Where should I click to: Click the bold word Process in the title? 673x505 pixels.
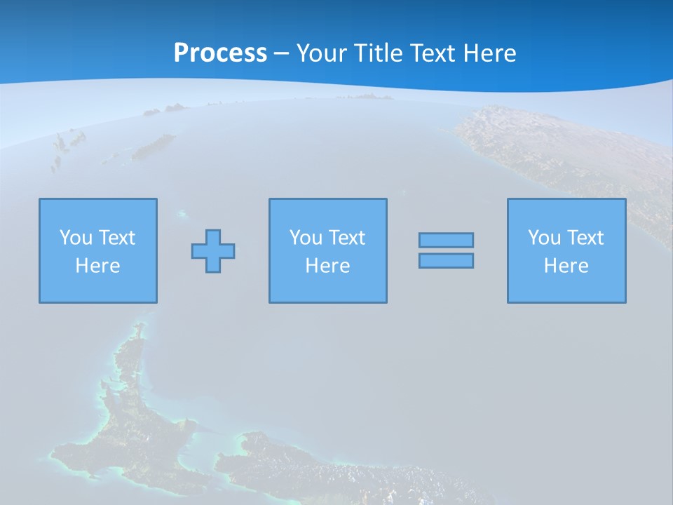pyautogui.click(x=220, y=53)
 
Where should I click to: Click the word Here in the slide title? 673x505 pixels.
pyautogui.click(x=490, y=53)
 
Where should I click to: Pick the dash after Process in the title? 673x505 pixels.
pyautogui.click(x=281, y=54)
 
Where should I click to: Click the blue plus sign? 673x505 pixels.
pyautogui.click(x=213, y=251)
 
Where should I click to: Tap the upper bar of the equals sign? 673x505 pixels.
pyautogui.click(x=446, y=241)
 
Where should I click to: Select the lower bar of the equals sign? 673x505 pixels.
pyautogui.click(x=446, y=261)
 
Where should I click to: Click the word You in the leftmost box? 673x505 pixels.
pyautogui.click(x=76, y=238)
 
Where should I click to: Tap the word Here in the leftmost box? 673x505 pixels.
pyautogui.click(x=97, y=266)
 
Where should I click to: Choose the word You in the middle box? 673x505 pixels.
pyautogui.click(x=306, y=238)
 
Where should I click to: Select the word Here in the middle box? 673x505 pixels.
pyautogui.click(x=327, y=266)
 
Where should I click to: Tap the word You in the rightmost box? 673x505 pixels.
pyautogui.click(x=544, y=238)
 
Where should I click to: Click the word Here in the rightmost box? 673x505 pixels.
pyautogui.click(x=566, y=266)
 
